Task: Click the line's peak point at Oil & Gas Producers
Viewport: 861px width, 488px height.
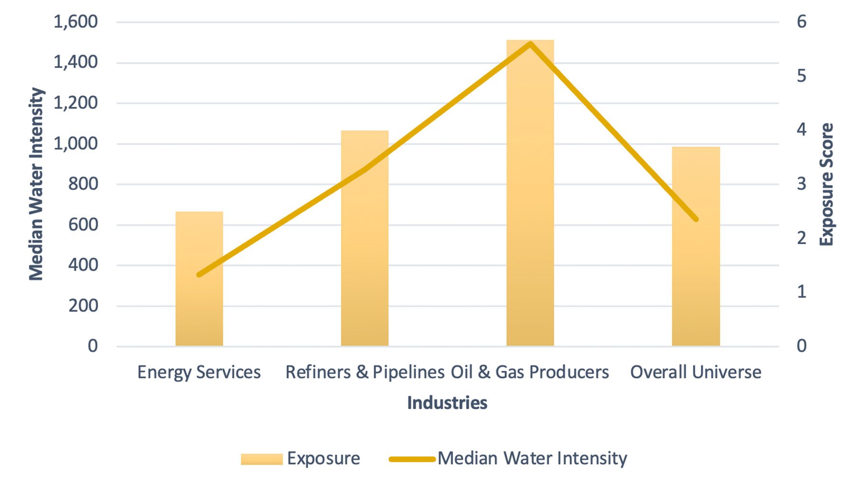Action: point(530,44)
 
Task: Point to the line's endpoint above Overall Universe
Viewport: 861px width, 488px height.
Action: point(696,219)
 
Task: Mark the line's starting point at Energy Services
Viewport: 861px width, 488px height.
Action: point(199,275)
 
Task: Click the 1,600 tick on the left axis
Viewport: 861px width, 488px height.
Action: point(76,22)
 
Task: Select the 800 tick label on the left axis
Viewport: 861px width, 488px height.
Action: point(83,184)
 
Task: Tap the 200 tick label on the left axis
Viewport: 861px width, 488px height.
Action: point(83,305)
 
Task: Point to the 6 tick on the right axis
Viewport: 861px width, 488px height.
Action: point(801,22)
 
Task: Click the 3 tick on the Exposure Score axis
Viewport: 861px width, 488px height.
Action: point(801,184)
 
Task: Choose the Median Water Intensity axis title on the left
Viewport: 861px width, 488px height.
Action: point(36,184)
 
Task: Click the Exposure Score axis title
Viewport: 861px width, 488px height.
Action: point(827,184)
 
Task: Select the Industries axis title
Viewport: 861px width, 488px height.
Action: point(447,403)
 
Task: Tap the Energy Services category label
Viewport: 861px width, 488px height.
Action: point(199,372)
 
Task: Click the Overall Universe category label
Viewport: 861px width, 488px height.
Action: point(695,372)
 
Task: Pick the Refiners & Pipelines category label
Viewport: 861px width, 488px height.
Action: point(364,372)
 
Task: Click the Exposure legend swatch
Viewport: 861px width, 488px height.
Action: point(262,459)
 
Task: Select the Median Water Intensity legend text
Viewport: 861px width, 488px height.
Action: point(532,458)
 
